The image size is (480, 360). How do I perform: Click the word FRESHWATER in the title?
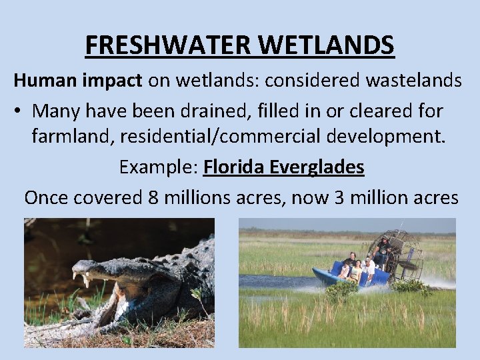pyautogui.click(x=169, y=45)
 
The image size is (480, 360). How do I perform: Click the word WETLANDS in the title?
pyautogui.click(x=326, y=45)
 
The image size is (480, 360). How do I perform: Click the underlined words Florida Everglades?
pyautogui.click(x=284, y=167)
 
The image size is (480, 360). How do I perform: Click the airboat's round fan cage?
pyautogui.click(x=404, y=253)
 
